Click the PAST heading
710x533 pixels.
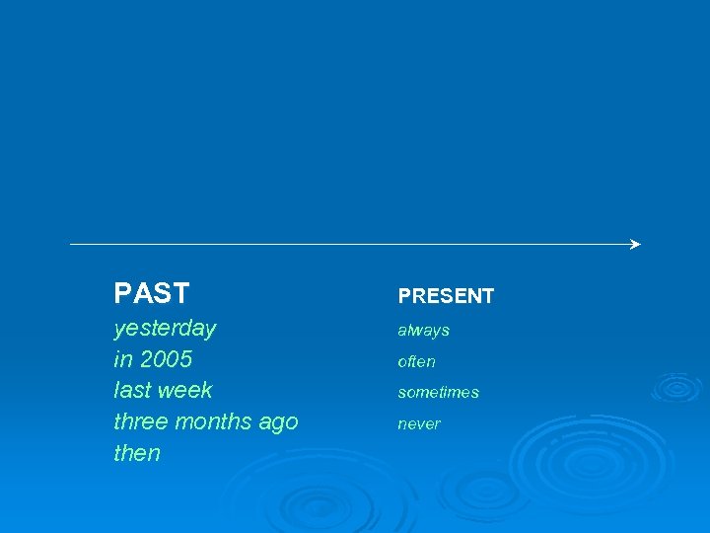[x=151, y=293]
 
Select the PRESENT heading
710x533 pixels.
[x=446, y=296]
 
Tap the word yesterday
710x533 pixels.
[x=165, y=328]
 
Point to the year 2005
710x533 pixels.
[x=166, y=358]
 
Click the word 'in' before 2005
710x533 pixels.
[x=122, y=358]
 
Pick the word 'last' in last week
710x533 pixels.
[x=133, y=390]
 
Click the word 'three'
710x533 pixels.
[x=140, y=421]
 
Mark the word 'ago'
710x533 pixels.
[x=278, y=422]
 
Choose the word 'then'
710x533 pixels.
[x=137, y=453]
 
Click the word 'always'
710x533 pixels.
[x=423, y=330]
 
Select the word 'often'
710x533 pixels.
[x=416, y=361]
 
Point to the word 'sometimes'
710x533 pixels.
[x=438, y=392]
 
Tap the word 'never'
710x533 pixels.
[x=419, y=423]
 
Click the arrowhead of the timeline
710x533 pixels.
[x=635, y=244]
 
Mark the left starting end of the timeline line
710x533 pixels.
[x=71, y=244]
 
